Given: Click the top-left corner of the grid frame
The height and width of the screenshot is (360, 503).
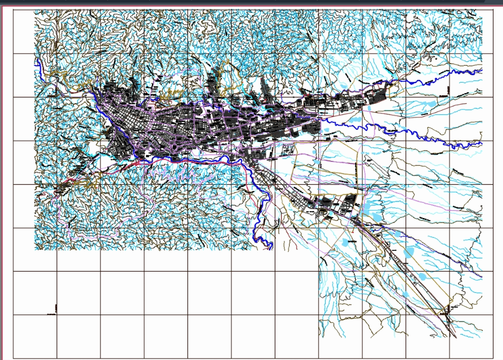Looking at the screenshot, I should (13, 10).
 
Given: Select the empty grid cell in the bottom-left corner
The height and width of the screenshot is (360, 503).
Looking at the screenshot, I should (35, 337).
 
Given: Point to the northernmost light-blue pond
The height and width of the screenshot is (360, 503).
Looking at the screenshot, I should (345, 84).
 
